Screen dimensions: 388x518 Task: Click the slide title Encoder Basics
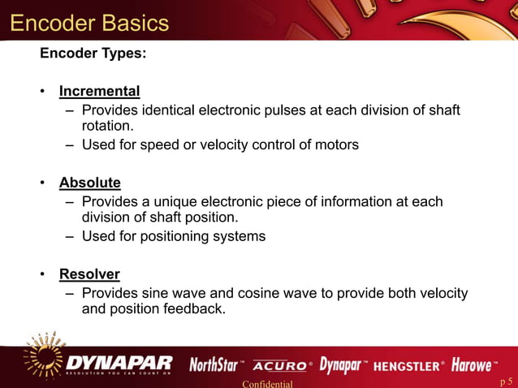click(x=89, y=22)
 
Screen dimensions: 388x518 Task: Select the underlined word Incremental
click(x=99, y=91)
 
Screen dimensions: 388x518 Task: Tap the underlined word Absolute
click(x=89, y=183)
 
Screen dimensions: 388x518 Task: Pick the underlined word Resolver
click(x=89, y=274)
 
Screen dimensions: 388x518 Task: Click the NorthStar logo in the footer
click(x=214, y=364)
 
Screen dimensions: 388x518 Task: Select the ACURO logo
click(x=279, y=365)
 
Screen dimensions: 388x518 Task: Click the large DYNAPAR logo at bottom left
click(x=119, y=362)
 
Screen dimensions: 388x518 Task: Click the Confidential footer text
click(x=267, y=383)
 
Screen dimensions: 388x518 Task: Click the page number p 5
click(x=506, y=381)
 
